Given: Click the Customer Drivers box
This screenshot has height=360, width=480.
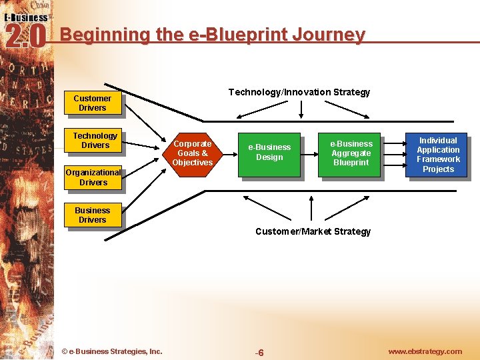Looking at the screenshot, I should click(93, 103).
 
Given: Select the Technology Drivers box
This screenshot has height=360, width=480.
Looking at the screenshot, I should click(95, 141).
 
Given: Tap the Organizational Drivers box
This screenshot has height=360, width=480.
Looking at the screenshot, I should click(93, 177).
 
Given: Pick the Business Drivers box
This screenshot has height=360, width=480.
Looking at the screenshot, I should click(93, 215).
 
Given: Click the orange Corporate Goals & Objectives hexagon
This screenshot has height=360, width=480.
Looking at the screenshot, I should click(192, 153).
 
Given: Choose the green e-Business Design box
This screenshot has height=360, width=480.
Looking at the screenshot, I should click(269, 153).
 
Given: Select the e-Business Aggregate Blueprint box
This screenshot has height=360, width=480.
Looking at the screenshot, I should click(351, 153).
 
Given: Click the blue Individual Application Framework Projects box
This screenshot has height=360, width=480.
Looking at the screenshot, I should click(438, 155).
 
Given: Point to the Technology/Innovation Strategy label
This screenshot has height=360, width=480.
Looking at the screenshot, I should click(299, 92).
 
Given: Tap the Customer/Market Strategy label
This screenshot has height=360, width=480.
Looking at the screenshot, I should click(313, 231).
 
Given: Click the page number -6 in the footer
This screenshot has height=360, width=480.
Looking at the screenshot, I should click(260, 353).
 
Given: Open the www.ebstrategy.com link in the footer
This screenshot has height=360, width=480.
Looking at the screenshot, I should click(425, 351).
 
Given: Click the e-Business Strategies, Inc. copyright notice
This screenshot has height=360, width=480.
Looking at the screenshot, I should click(111, 351).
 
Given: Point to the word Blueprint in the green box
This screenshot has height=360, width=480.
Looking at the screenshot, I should click(351, 163).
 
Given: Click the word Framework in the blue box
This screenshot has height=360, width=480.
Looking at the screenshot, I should click(438, 159).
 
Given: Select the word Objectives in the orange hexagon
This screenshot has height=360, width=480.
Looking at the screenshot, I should click(192, 163).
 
